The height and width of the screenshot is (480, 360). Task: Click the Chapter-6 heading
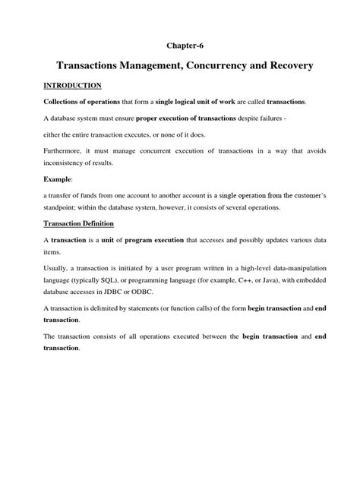coord(179,46)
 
